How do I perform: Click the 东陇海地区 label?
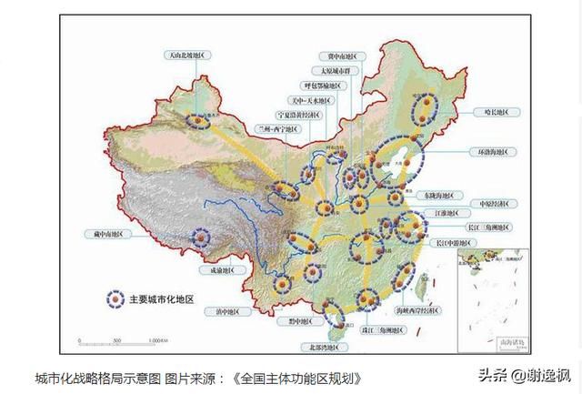pos(444,195)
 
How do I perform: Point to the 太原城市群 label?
pos(334,70)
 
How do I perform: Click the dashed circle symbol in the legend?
pos(115,298)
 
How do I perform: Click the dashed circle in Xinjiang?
pos(197,118)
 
